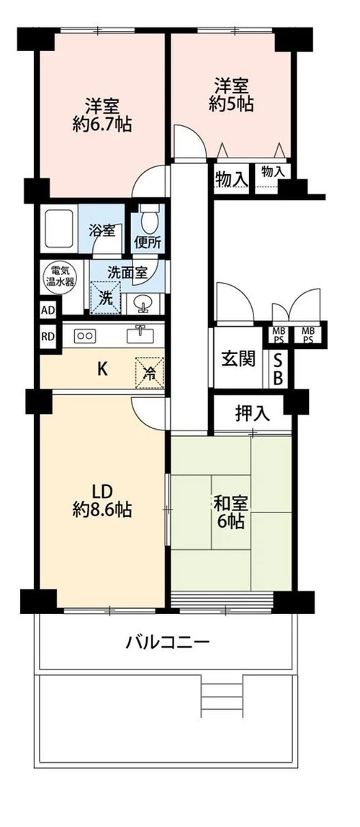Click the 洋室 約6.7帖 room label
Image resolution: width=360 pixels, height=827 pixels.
[101, 113]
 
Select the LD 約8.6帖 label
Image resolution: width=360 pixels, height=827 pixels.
[102, 500]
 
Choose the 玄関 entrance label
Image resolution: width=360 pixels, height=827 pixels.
[238, 358]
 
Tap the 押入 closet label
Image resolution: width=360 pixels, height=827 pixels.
[252, 413]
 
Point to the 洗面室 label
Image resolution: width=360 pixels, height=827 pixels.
[127, 273]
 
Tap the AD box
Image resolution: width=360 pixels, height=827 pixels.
[48, 310]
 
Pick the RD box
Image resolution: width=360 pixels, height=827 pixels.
[48, 335]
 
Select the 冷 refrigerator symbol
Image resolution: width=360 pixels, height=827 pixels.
[150, 372]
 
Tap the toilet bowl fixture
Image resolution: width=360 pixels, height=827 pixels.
[149, 216]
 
